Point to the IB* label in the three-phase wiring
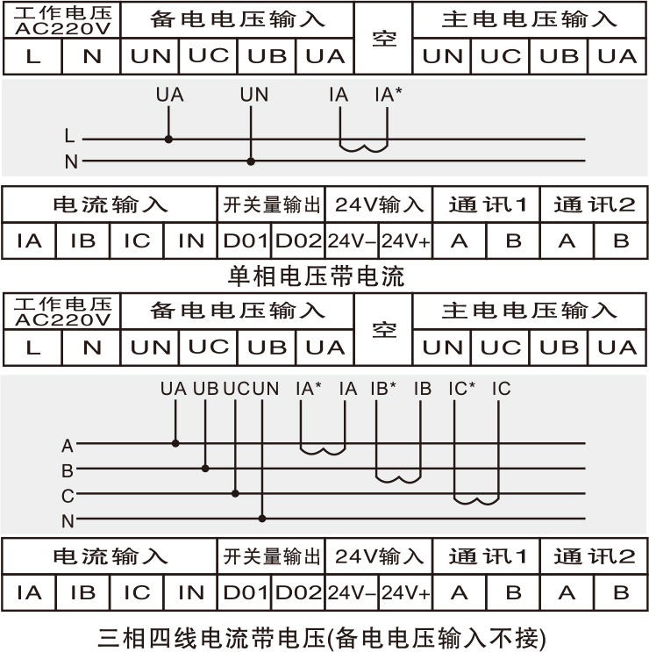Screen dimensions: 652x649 (x=383, y=387)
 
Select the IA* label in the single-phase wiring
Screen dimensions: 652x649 (x=388, y=93)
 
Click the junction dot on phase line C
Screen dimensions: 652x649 (x=234, y=493)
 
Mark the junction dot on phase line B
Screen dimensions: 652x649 (x=205, y=469)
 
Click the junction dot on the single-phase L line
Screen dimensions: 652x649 (x=168, y=139)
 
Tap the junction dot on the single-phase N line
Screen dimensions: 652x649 (x=251, y=161)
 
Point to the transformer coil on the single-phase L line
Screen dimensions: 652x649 (x=364, y=145)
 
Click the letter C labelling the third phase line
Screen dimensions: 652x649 (x=68, y=496)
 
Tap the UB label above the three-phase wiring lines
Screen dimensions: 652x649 (x=205, y=387)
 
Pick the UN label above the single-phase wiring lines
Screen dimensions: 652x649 (x=254, y=93)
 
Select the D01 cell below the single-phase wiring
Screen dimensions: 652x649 (x=245, y=240)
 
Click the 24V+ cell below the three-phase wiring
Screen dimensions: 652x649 (x=405, y=592)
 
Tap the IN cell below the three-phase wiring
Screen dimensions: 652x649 (x=190, y=592)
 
